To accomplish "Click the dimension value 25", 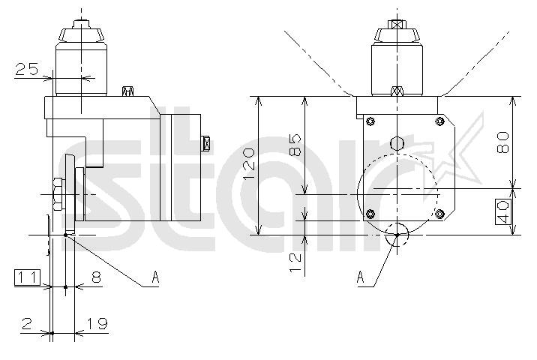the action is pos(27,69).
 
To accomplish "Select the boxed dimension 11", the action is pos(28,277).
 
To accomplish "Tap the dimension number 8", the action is pos(97,277).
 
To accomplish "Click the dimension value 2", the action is pos(27,323).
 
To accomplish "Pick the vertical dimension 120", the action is pos(249,163).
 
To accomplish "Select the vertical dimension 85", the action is pos(295,145).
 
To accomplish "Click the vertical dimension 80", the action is pos(502,142).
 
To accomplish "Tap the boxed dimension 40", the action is pos(503,211).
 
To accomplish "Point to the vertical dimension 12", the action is pos(295,262).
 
